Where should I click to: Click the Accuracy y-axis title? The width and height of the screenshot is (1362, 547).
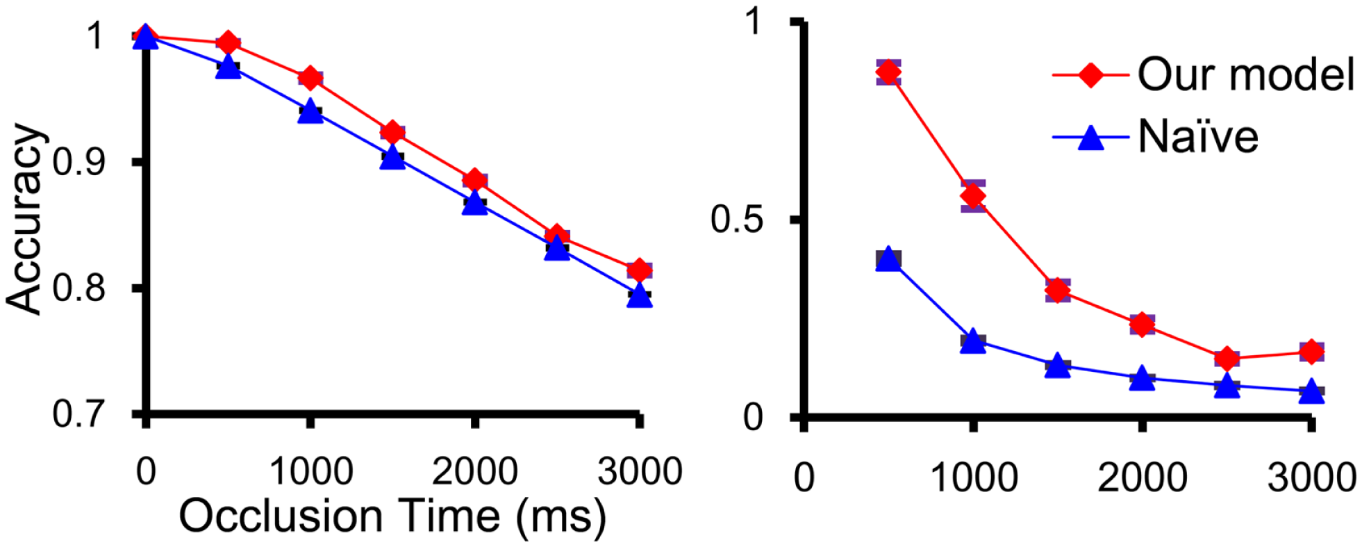pyautogui.click(x=26, y=219)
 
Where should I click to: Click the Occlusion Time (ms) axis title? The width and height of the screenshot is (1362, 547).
pyautogui.click(x=392, y=516)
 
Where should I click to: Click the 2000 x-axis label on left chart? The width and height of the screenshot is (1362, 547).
pyautogui.click(x=474, y=471)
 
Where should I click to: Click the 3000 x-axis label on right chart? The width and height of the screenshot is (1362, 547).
pyautogui.click(x=1311, y=477)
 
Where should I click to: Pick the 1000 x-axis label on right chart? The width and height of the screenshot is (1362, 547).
pyautogui.click(x=973, y=477)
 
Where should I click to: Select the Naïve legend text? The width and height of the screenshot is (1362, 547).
pyautogui.click(x=1198, y=136)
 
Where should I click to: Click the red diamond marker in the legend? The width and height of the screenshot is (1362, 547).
pyautogui.click(x=1091, y=74)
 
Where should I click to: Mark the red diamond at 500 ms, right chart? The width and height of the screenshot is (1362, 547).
pyautogui.click(x=888, y=72)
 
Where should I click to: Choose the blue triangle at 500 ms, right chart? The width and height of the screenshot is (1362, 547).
pyautogui.click(x=888, y=259)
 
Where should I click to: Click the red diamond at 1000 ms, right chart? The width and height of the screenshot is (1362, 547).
pyautogui.click(x=973, y=196)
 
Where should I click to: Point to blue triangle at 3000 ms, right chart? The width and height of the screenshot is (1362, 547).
pyautogui.click(x=1311, y=391)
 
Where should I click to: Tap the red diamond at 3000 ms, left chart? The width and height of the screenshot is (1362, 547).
pyautogui.click(x=639, y=269)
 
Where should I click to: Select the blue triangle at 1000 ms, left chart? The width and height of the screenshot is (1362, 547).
pyautogui.click(x=310, y=111)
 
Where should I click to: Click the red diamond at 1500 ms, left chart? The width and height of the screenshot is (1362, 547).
pyautogui.click(x=392, y=132)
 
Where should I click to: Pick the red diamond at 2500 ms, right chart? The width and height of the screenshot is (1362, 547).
pyautogui.click(x=1227, y=358)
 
